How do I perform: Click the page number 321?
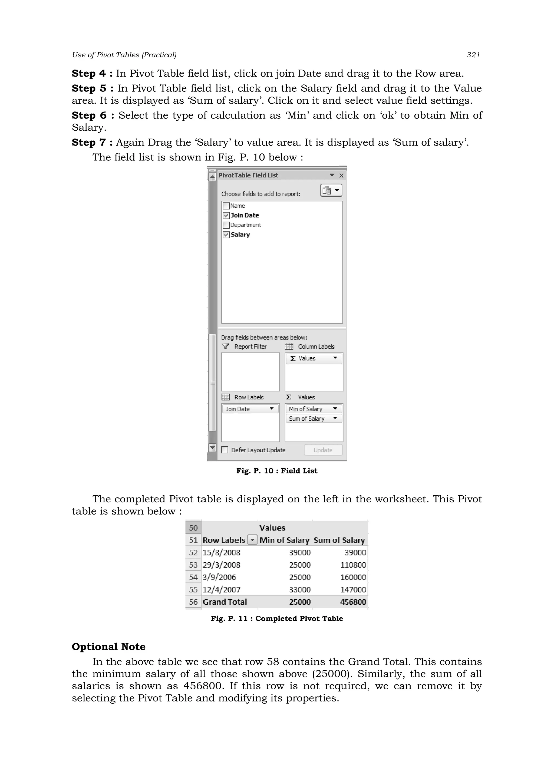pyautogui.click(x=473, y=55)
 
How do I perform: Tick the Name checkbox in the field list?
pyautogui.click(x=226, y=206)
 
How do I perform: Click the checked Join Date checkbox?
pyautogui.click(x=226, y=215)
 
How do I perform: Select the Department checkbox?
pyautogui.click(x=226, y=225)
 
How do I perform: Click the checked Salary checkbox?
pyautogui.click(x=226, y=235)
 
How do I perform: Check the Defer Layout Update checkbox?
pyautogui.click(x=225, y=450)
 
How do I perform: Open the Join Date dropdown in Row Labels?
pyautogui.click(x=272, y=409)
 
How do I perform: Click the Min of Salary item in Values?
pyautogui.click(x=305, y=409)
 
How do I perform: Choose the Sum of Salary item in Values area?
pyautogui.click(x=306, y=418)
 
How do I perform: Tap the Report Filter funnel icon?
pyautogui.click(x=225, y=347)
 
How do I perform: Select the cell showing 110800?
pyautogui.click(x=353, y=565)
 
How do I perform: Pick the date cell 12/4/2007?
pyautogui.click(x=222, y=589)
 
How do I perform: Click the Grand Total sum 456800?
pyautogui.click(x=353, y=602)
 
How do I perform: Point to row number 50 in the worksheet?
pyautogui.click(x=193, y=528)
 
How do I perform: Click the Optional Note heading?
pyautogui.click(x=108, y=647)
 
